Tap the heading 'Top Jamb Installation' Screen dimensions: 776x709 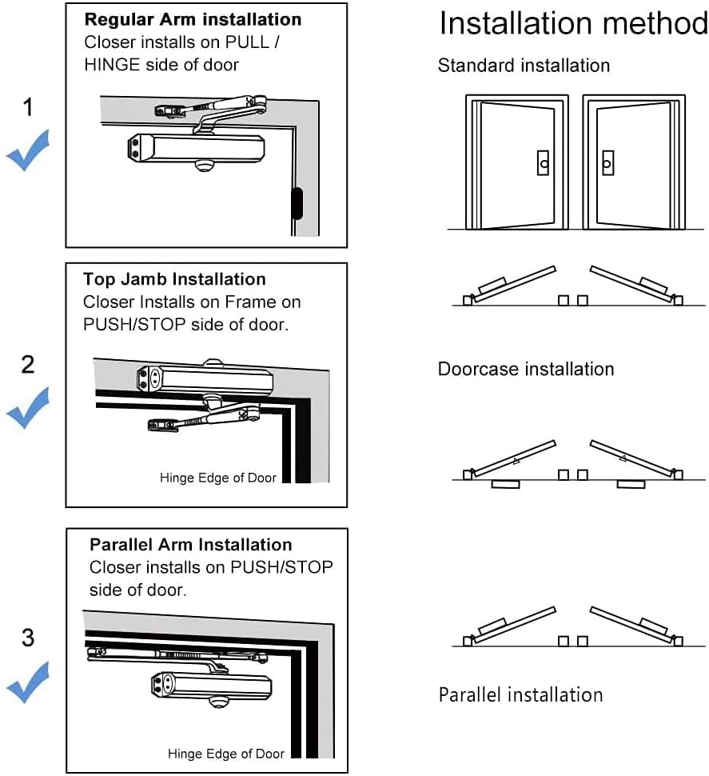click(174, 279)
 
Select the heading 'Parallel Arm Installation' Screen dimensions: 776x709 click(190, 545)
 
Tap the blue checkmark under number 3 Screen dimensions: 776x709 click(28, 682)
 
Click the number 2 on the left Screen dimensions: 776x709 click(28, 365)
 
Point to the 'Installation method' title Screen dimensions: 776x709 click(573, 24)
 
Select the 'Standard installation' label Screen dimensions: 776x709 click(524, 66)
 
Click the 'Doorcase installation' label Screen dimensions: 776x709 click(526, 370)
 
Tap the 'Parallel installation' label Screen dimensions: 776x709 click(520, 694)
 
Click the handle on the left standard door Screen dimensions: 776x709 click(544, 163)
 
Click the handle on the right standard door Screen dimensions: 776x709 click(607, 163)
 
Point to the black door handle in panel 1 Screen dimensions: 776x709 click(297, 203)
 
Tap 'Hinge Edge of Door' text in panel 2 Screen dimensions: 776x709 click(217, 478)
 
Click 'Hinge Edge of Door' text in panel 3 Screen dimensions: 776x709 click(225, 754)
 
